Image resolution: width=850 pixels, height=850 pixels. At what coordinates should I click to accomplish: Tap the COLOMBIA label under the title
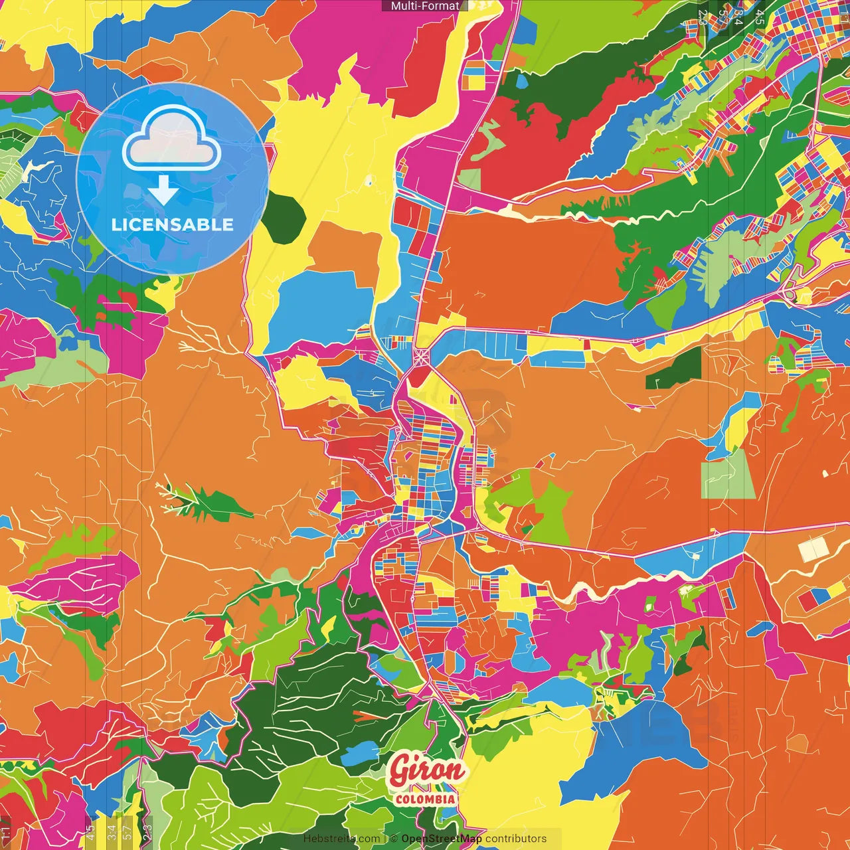pos(425,799)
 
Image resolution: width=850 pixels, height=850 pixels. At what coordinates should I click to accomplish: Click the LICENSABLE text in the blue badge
pos(173,224)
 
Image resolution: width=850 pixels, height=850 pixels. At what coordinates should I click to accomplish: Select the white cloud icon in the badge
pos(172,138)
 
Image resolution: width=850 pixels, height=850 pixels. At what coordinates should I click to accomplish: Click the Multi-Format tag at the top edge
pos(425,6)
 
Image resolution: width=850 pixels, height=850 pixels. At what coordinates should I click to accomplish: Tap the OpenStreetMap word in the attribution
pos(442,839)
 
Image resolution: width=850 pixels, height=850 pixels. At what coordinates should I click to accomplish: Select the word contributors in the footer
pos(516,839)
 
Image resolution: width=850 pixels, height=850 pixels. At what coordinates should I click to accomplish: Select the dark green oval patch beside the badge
pos(284,216)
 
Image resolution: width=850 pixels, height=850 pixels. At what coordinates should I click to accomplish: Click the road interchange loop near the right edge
pos(789,292)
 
